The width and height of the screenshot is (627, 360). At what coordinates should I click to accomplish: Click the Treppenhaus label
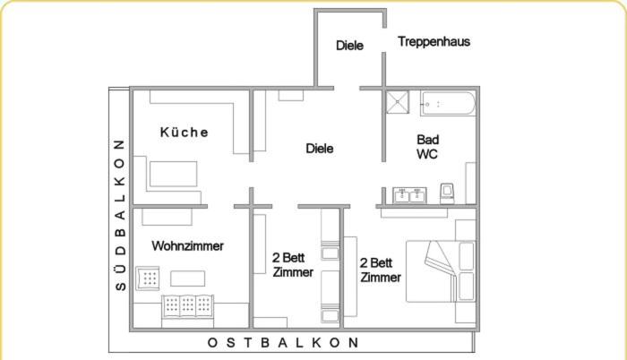(434, 41)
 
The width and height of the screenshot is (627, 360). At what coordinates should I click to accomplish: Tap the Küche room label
(185, 133)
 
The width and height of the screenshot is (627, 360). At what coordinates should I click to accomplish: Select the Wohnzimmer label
(187, 245)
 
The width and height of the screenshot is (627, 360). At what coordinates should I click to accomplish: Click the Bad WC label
(427, 147)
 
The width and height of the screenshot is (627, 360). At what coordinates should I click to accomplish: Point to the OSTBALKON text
(283, 342)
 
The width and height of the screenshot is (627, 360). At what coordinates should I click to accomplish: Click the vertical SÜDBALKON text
(119, 216)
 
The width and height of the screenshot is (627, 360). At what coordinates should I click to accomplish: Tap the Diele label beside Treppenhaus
(349, 45)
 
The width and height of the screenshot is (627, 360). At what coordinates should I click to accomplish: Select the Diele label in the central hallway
(319, 149)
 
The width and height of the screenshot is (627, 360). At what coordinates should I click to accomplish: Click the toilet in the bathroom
(447, 193)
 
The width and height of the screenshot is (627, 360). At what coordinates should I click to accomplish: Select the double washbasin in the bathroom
(408, 195)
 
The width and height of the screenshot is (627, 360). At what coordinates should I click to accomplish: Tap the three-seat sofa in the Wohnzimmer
(189, 306)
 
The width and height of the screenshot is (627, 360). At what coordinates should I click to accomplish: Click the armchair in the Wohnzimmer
(149, 279)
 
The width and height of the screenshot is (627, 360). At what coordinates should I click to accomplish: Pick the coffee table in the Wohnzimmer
(188, 279)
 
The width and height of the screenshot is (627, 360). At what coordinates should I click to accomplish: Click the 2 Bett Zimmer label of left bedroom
(293, 265)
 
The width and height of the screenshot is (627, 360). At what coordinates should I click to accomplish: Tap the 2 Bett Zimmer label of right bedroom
(380, 270)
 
